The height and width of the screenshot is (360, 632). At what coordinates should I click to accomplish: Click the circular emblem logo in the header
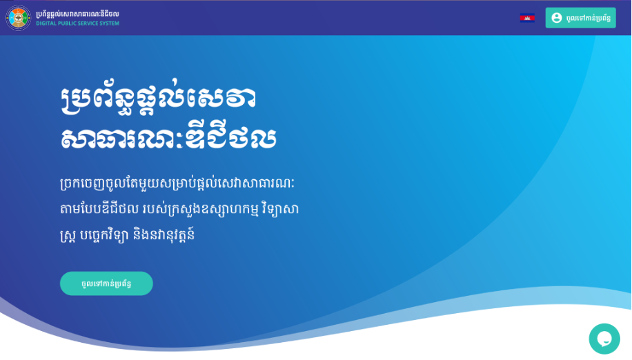18,18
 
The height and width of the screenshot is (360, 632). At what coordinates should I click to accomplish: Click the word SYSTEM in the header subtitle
110,23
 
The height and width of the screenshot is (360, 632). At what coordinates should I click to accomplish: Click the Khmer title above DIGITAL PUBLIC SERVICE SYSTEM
77,14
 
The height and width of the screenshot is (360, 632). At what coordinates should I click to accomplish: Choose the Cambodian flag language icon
527,18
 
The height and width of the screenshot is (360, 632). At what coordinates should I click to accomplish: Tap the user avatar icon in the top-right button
557,18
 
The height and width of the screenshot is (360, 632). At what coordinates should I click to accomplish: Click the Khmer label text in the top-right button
588,18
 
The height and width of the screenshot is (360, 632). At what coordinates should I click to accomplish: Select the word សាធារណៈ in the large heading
122,138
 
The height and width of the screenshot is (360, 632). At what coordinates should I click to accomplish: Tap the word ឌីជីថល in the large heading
230,138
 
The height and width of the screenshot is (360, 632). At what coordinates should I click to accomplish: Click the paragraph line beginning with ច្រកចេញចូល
177,183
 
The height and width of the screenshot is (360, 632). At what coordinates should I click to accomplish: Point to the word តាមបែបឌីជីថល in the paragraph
99,209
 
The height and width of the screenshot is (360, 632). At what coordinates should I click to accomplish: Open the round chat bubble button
604,339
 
